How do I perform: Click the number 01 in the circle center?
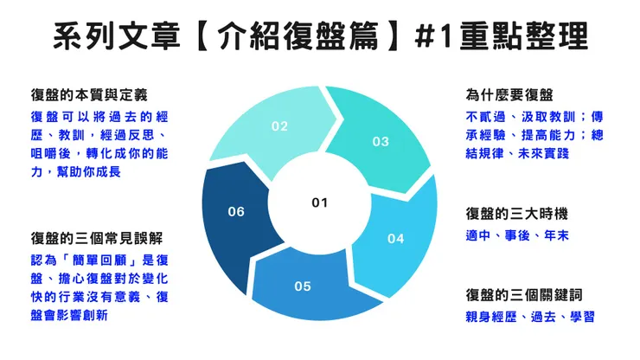[x=319, y=202]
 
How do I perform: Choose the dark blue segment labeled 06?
[x=236, y=211]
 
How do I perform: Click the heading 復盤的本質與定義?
[x=84, y=94]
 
